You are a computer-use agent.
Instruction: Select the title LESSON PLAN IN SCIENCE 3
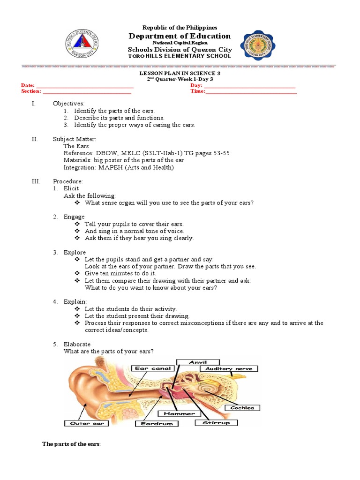tap(180, 74)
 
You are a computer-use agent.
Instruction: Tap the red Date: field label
tap(28, 85)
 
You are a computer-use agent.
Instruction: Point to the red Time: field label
tap(197, 91)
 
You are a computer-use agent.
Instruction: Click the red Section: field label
tap(31, 91)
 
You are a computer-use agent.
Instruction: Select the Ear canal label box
tap(154, 368)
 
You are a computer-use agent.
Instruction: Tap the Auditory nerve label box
tap(229, 369)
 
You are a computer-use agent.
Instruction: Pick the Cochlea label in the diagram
tap(242, 408)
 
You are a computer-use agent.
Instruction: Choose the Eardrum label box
tap(157, 424)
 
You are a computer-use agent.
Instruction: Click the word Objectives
tap(68, 103)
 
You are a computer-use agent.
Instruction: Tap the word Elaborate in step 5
tap(77, 344)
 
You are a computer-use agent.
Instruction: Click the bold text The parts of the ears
tap(71, 444)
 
